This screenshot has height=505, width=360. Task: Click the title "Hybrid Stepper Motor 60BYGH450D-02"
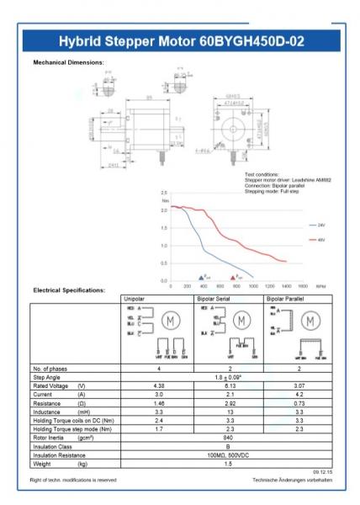pyautogui.click(x=180, y=42)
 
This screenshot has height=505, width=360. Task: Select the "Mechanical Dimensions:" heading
pyautogui.click(x=68, y=62)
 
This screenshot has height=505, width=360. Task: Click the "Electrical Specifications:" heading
pyautogui.click(x=69, y=290)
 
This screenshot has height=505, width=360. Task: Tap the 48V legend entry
pyautogui.click(x=320, y=240)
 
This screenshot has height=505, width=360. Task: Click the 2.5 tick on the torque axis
pyautogui.click(x=164, y=193)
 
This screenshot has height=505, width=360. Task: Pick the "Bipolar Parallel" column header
pyautogui.click(x=287, y=298)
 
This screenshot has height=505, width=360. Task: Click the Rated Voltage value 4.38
pyautogui.click(x=157, y=385)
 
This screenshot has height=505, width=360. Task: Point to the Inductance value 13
pyautogui.click(x=229, y=412)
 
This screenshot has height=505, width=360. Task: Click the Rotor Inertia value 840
pyautogui.click(x=228, y=439)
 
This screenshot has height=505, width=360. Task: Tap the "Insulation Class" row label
pyautogui.click(x=54, y=447)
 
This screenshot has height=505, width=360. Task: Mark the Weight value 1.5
pyautogui.click(x=228, y=464)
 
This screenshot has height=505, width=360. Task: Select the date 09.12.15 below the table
pyautogui.click(x=323, y=472)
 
